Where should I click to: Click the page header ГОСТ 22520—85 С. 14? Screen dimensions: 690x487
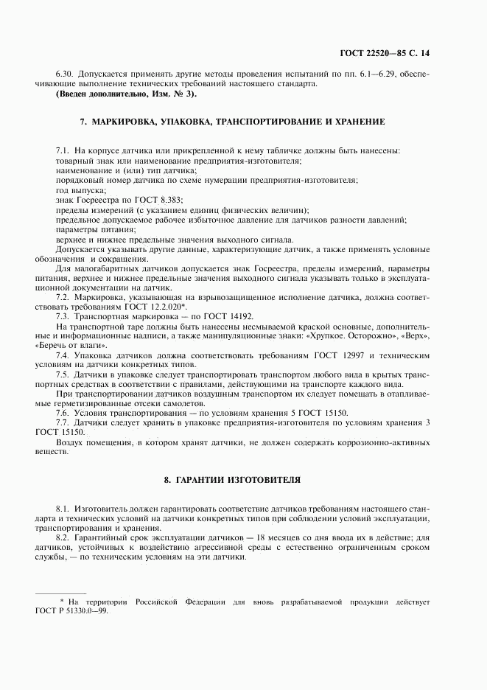coord(396,54)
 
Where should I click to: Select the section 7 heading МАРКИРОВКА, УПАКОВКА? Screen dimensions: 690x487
coord(231,120)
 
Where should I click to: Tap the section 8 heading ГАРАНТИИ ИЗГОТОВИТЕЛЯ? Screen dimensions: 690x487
coord(232,479)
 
